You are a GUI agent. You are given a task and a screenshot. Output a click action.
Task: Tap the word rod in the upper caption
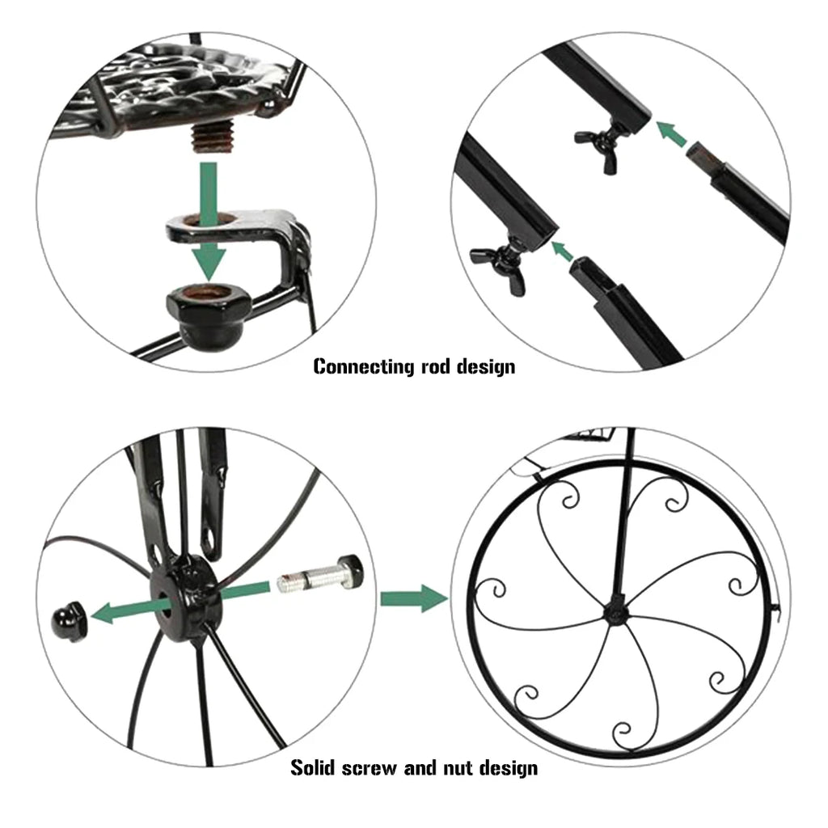439,366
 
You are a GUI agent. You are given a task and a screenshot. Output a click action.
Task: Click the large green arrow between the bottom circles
413,599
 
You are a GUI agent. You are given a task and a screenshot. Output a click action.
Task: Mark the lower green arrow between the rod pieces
561,249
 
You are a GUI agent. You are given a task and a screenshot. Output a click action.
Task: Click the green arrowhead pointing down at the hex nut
209,260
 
